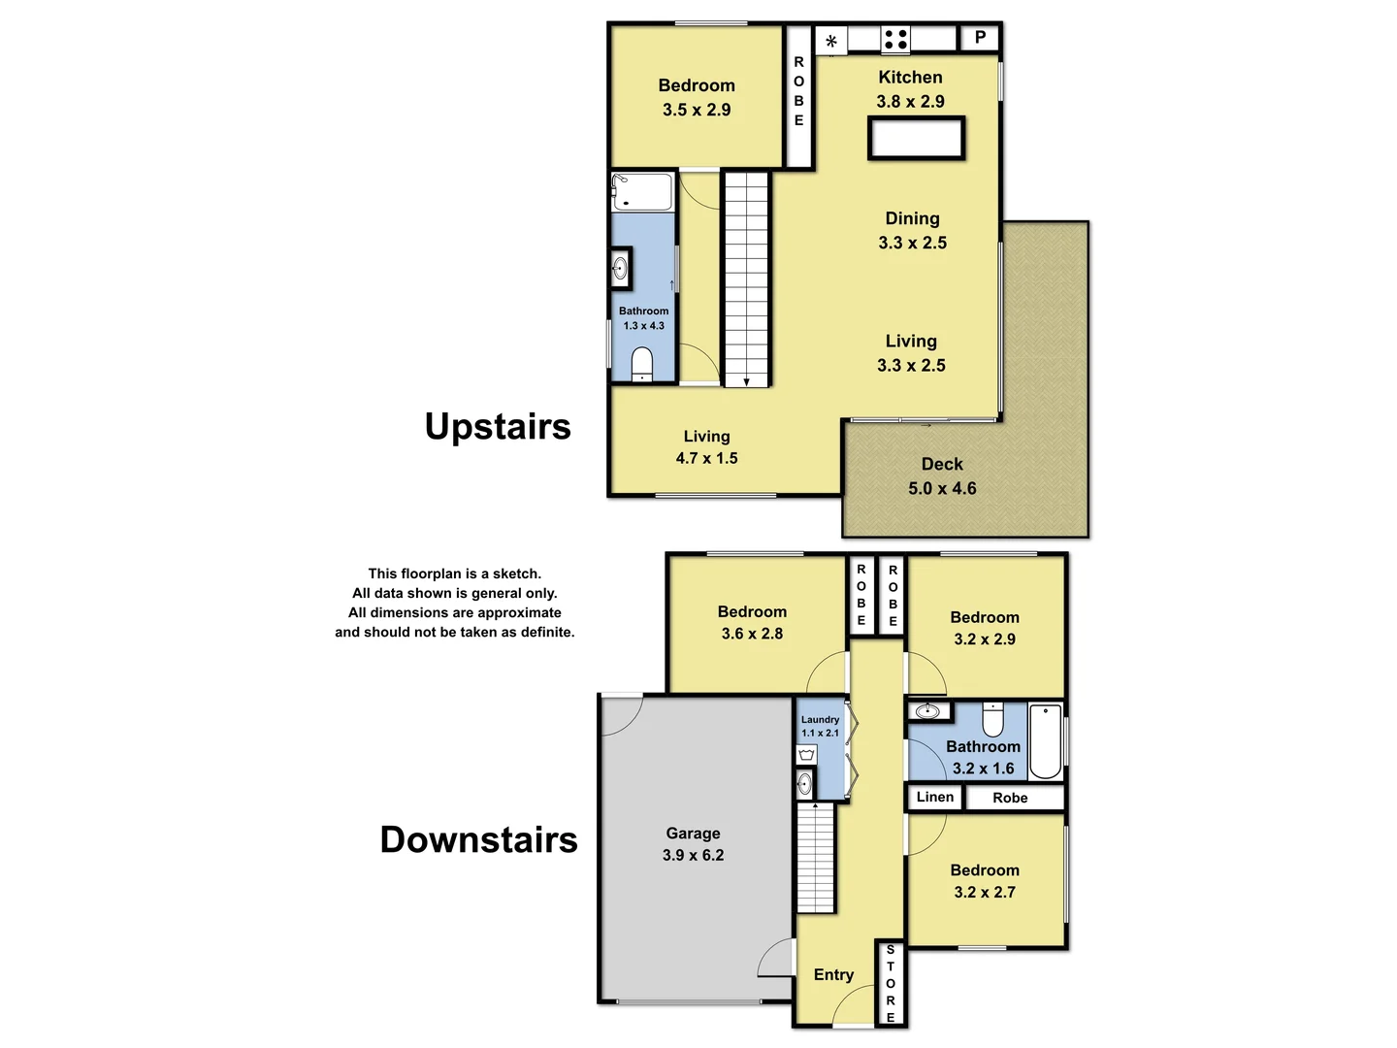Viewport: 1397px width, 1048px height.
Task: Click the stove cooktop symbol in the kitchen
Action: click(x=895, y=40)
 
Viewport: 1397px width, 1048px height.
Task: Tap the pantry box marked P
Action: click(x=980, y=38)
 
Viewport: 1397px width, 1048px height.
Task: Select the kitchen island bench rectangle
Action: click(x=916, y=139)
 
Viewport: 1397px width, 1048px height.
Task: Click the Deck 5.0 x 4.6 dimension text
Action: click(x=942, y=488)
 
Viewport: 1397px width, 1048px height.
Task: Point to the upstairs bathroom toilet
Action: click(x=641, y=365)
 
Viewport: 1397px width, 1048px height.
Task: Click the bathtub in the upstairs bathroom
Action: click(x=642, y=192)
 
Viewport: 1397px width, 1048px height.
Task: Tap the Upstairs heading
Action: click(x=498, y=427)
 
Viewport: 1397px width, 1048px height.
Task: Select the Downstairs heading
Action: click(x=478, y=839)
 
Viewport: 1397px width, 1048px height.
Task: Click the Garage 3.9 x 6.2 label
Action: click(x=693, y=844)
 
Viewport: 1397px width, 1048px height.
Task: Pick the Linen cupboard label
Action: click(x=934, y=797)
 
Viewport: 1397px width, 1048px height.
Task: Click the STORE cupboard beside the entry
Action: click(x=891, y=983)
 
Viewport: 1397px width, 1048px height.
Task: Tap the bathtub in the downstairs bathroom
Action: click(x=1045, y=741)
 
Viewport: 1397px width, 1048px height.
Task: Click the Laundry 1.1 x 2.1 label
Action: click(x=820, y=726)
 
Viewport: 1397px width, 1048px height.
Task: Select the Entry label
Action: click(x=833, y=974)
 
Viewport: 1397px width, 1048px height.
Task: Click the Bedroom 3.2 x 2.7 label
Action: click(x=984, y=881)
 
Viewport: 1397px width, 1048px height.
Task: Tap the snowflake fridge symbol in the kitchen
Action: click(x=831, y=41)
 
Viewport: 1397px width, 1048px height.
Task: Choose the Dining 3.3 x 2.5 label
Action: click(x=912, y=231)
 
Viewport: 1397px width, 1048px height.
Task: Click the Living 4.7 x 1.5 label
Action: click(x=706, y=447)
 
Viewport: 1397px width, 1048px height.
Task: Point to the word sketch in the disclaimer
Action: click(x=516, y=573)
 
